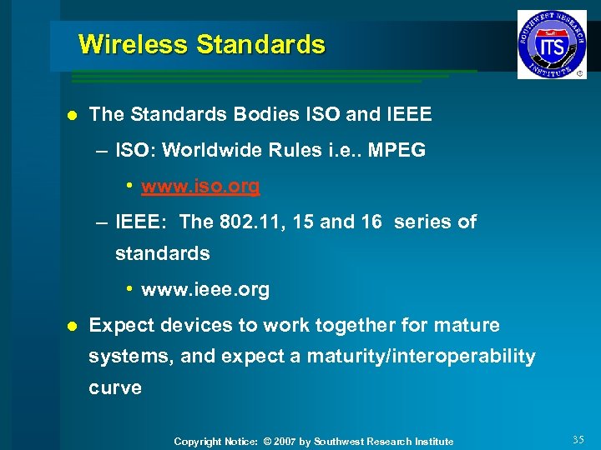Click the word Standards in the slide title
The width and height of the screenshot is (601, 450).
coord(260,44)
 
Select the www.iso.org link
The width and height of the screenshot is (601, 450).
coord(200,186)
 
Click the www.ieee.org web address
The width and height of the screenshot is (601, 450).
coord(205,290)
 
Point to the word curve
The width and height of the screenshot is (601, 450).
coord(115,387)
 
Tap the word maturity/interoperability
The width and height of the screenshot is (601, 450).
coord(422,357)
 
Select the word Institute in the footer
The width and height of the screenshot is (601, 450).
coord(431,442)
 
